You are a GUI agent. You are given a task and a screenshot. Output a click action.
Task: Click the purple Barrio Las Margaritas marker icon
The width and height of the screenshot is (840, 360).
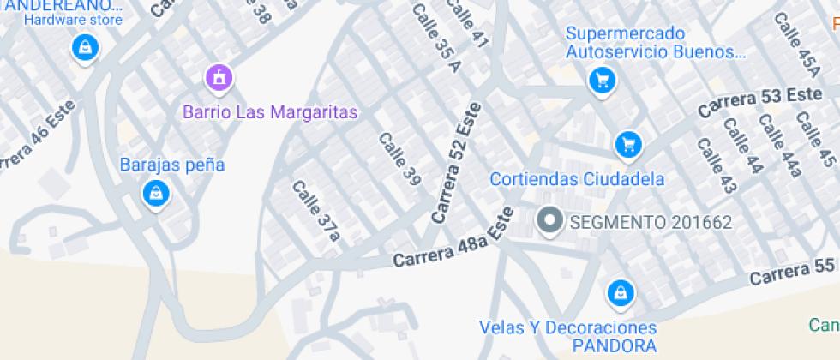click(x=219, y=79)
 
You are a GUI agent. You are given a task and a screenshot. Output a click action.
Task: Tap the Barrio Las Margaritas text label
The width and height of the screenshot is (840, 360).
click(x=270, y=112)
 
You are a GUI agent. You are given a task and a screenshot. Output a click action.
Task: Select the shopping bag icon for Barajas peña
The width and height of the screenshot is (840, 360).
click(x=156, y=193)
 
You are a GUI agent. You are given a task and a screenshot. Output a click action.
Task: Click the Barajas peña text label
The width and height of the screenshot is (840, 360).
click(x=172, y=165)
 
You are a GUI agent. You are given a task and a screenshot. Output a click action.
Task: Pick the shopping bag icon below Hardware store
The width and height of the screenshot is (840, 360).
click(x=85, y=47)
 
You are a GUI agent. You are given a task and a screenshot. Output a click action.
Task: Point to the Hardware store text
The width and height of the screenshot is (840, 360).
click(x=73, y=20)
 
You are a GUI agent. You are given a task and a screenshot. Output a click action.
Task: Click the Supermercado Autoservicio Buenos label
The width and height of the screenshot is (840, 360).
click(x=654, y=43)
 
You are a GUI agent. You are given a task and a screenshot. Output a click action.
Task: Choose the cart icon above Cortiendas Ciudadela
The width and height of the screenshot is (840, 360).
click(x=629, y=144)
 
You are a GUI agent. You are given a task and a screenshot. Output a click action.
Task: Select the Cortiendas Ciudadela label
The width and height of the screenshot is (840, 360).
click(x=578, y=179)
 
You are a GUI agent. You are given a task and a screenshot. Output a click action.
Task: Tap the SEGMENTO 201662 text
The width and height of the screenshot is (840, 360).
click(x=651, y=223)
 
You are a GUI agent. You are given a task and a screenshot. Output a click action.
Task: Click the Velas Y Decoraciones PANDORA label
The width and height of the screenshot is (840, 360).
click(x=567, y=337)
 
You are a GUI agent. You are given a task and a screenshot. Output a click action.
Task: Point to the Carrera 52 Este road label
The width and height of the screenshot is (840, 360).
click(x=457, y=163)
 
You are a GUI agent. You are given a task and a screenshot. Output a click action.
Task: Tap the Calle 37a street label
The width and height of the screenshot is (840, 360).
click(x=316, y=209)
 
